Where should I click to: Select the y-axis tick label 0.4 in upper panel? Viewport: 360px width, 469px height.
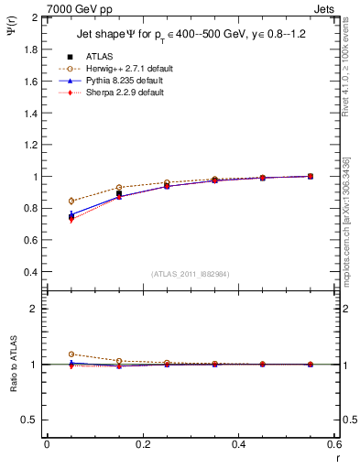31,272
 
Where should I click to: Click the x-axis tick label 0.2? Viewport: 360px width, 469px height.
142,443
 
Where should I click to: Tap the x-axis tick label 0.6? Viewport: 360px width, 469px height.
334,443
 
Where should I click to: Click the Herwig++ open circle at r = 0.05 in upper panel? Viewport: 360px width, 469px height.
71,201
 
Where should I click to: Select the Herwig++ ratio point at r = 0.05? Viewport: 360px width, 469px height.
71,354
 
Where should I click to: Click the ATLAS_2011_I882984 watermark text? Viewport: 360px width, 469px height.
191,274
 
